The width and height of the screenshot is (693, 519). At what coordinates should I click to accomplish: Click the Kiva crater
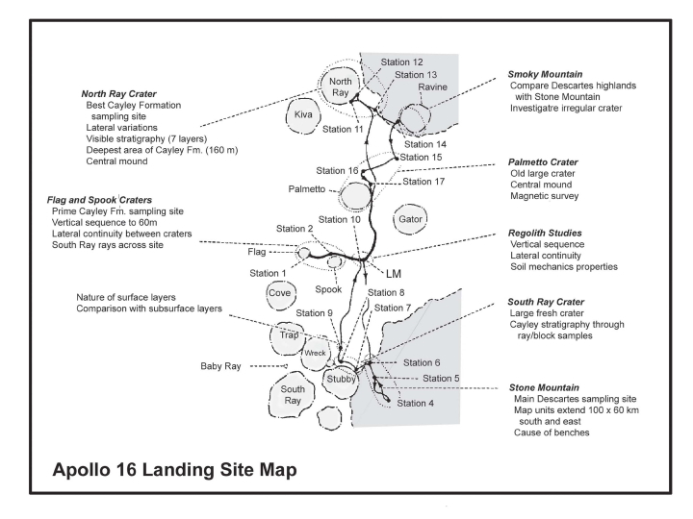303,115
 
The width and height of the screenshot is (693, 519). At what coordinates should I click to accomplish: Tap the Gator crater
410,219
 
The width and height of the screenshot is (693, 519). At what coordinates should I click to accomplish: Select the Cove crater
280,293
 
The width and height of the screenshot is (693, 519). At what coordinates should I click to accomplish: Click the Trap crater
287,336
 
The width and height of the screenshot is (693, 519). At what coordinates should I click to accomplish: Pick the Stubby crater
341,379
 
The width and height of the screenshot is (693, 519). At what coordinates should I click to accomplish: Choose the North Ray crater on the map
340,86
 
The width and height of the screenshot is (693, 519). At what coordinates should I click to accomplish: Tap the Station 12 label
401,62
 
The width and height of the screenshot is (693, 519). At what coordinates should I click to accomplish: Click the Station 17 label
423,182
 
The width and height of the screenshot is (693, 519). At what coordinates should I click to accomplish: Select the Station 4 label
415,404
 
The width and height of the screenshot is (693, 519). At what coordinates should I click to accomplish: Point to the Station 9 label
314,313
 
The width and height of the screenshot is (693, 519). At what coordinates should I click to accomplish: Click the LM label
394,274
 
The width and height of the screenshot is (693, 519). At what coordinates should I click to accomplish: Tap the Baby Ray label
220,366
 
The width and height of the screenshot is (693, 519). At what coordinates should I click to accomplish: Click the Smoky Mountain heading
545,74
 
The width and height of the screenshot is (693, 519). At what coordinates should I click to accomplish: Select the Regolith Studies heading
545,233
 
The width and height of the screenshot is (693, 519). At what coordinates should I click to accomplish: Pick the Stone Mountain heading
544,387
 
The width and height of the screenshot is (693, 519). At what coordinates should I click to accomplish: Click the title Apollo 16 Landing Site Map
174,470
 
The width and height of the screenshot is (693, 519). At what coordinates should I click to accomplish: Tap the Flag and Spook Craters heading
99,200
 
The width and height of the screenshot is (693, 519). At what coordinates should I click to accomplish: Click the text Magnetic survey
544,196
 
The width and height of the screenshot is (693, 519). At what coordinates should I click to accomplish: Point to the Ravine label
432,87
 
